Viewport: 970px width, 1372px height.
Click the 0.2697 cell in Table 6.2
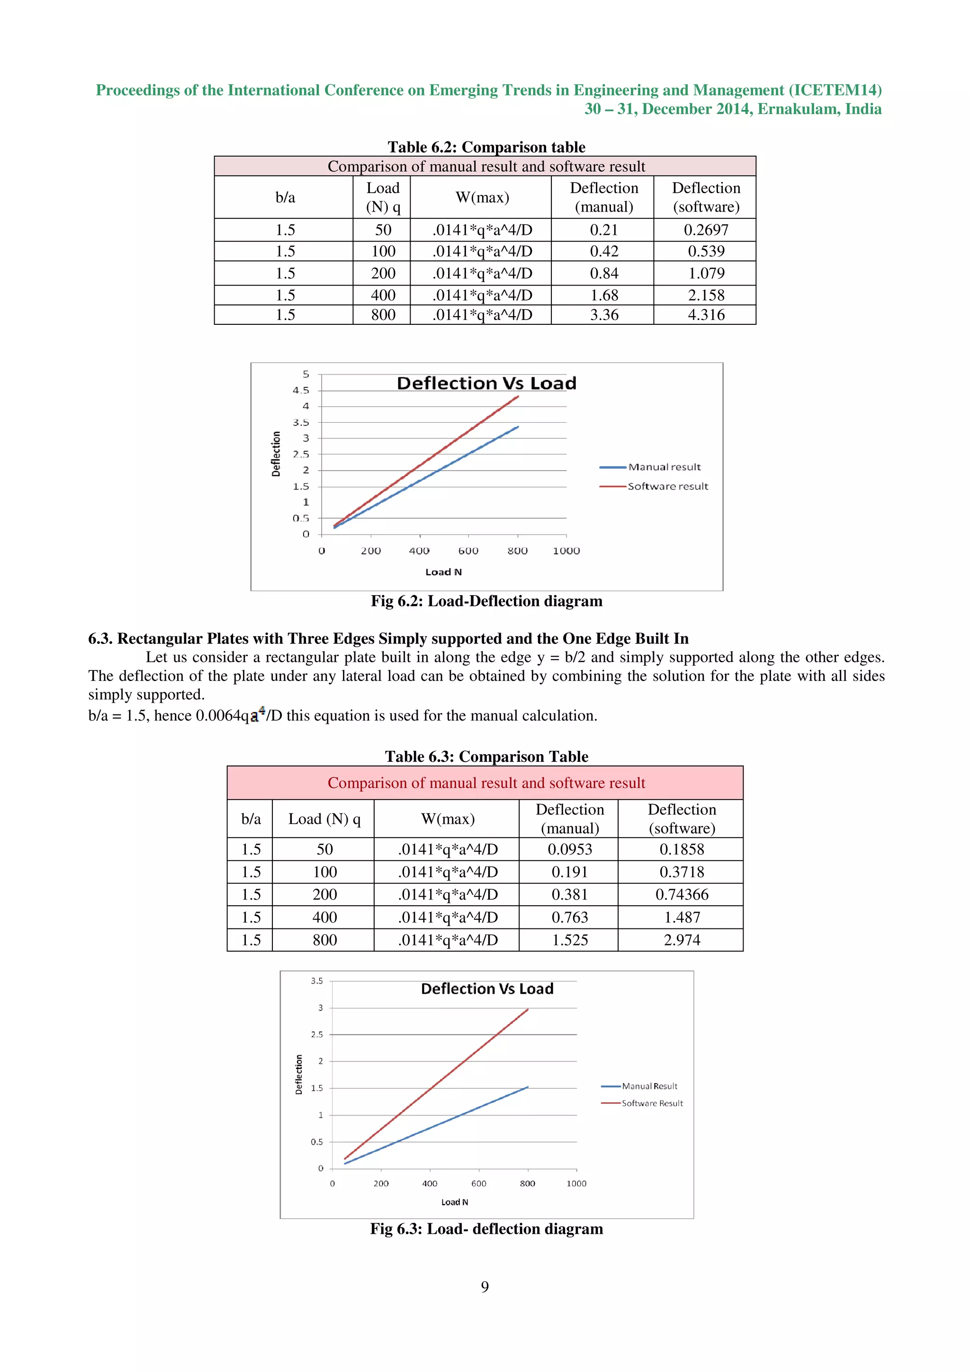(705, 230)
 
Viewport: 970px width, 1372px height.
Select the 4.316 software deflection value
(705, 315)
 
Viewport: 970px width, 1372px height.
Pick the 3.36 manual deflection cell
(603, 315)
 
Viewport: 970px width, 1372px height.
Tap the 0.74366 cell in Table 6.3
(682, 895)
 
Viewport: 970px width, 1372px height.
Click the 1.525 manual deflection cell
(570, 940)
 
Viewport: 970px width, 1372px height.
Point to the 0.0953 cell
(570, 849)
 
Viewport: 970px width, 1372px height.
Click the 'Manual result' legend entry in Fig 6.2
(664, 467)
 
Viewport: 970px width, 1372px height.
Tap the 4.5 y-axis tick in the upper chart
(301, 390)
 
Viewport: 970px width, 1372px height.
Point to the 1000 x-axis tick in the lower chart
(576, 1183)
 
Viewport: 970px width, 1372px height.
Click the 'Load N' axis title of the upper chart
(443, 572)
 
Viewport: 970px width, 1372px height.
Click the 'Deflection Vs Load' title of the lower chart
(487, 989)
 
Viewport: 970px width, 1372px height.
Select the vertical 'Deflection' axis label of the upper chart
(276, 454)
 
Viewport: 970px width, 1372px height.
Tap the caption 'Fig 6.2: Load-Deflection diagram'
(486, 601)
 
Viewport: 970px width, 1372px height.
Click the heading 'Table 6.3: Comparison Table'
(486, 757)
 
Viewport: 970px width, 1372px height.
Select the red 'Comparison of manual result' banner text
(486, 783)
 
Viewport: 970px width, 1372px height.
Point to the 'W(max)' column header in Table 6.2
(482, 197)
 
